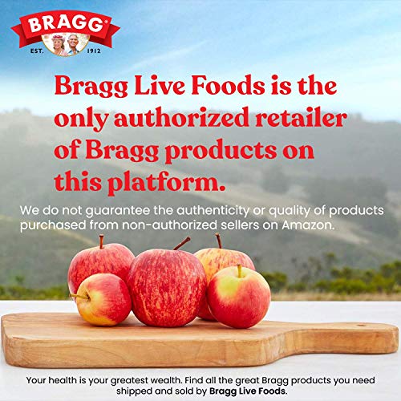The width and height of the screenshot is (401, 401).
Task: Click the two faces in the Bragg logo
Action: [65, 43]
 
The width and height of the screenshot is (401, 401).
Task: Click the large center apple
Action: [165, 286]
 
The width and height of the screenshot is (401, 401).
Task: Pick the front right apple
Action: [239, 295]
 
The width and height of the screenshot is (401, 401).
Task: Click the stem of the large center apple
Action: [182, 242]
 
